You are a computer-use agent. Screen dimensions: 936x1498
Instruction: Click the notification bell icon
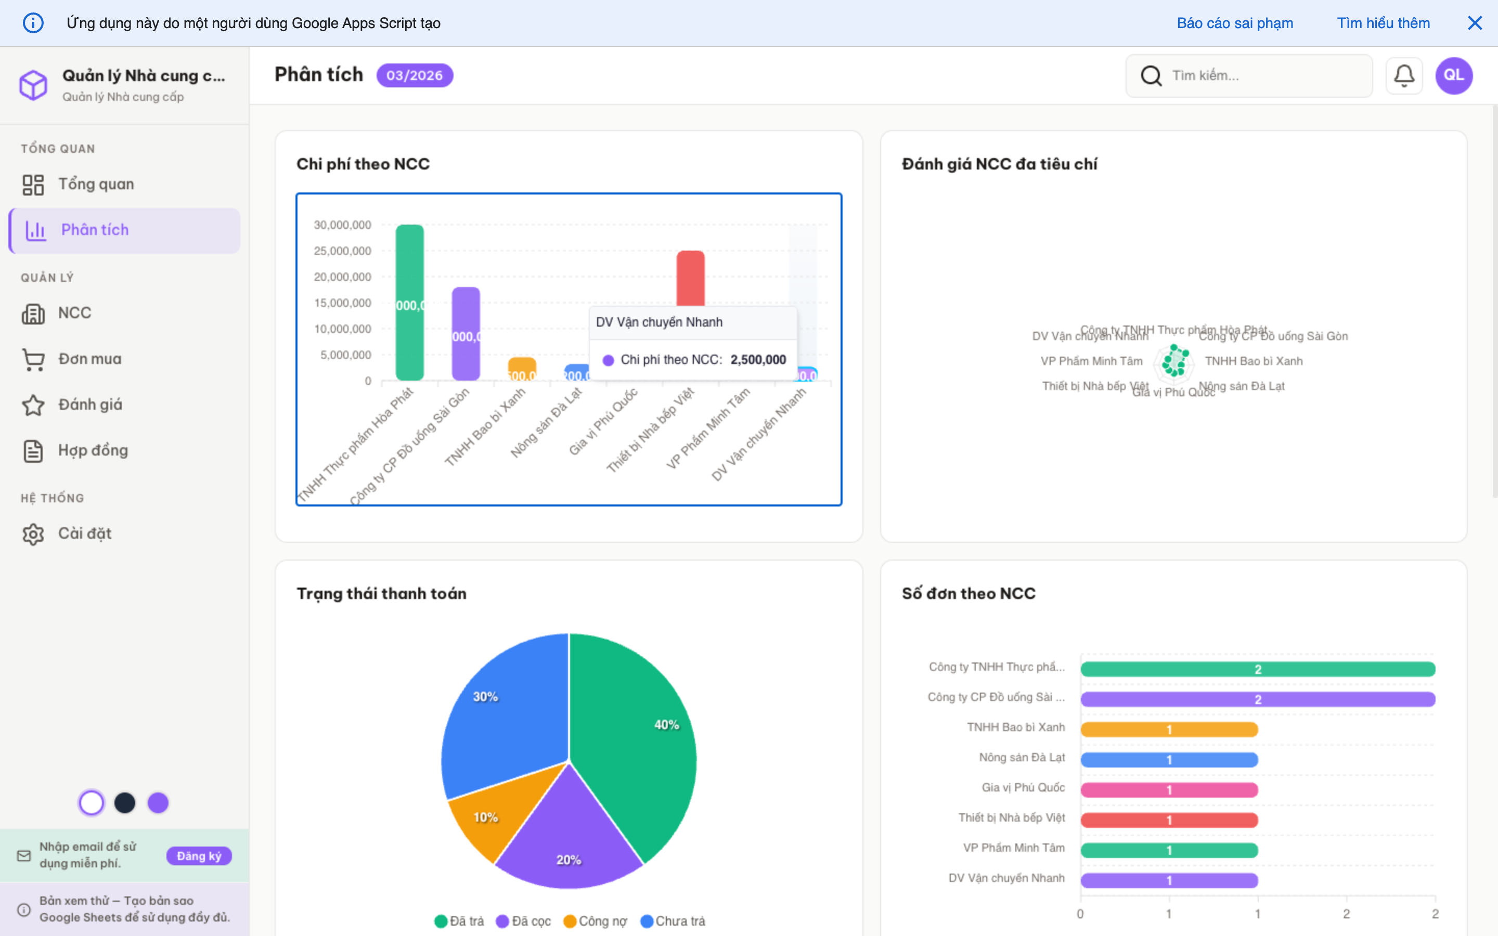(x=1403, y=75)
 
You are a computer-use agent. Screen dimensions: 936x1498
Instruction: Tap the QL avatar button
(x=1453, y=75)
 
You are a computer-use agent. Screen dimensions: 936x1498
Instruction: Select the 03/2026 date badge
(x=414, y=75)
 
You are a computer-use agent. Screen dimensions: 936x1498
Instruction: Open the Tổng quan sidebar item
(x=96, y=185)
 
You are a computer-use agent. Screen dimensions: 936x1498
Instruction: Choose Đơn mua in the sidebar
(x=90, y=359)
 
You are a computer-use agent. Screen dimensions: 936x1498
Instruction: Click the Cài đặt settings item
(x=85, y=534)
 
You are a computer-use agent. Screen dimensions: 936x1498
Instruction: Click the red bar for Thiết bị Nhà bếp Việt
(x=690, y=277)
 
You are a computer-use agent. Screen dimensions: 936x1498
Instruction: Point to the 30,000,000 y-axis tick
(x=342, y=225)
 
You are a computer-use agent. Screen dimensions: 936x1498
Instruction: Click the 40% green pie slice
(x=638, y=743)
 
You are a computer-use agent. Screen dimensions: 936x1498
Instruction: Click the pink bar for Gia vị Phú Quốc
(x=1169, y=790)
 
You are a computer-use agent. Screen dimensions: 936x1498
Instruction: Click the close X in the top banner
(x=1475, y=23)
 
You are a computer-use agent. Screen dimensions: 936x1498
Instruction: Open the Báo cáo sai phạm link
(x=1234, y=23)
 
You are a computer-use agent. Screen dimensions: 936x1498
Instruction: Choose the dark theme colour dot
(x=125, y=803)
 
